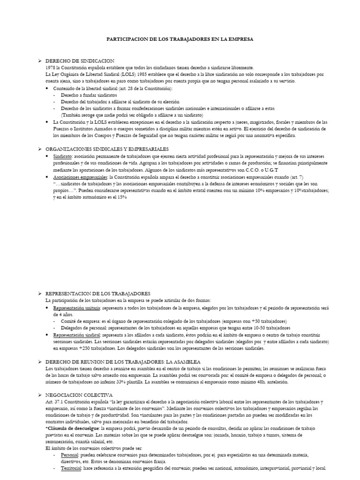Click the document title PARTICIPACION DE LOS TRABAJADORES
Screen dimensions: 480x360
tap(180, 40)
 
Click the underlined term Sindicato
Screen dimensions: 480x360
tap(62, 156)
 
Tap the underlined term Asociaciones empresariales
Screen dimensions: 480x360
tap(80, 178)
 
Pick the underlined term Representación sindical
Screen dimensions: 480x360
tap(76, 336)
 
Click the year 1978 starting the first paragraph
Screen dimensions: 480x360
tap(50, 68)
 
